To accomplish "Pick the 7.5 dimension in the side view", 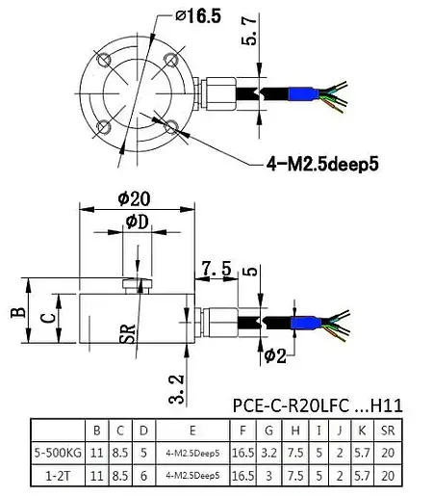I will pyautogui.click(x=218, y=269).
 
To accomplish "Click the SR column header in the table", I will pyautogui.click(x=386, y=430).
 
